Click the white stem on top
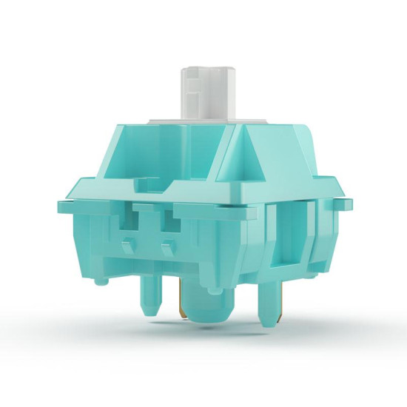point(202,92)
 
